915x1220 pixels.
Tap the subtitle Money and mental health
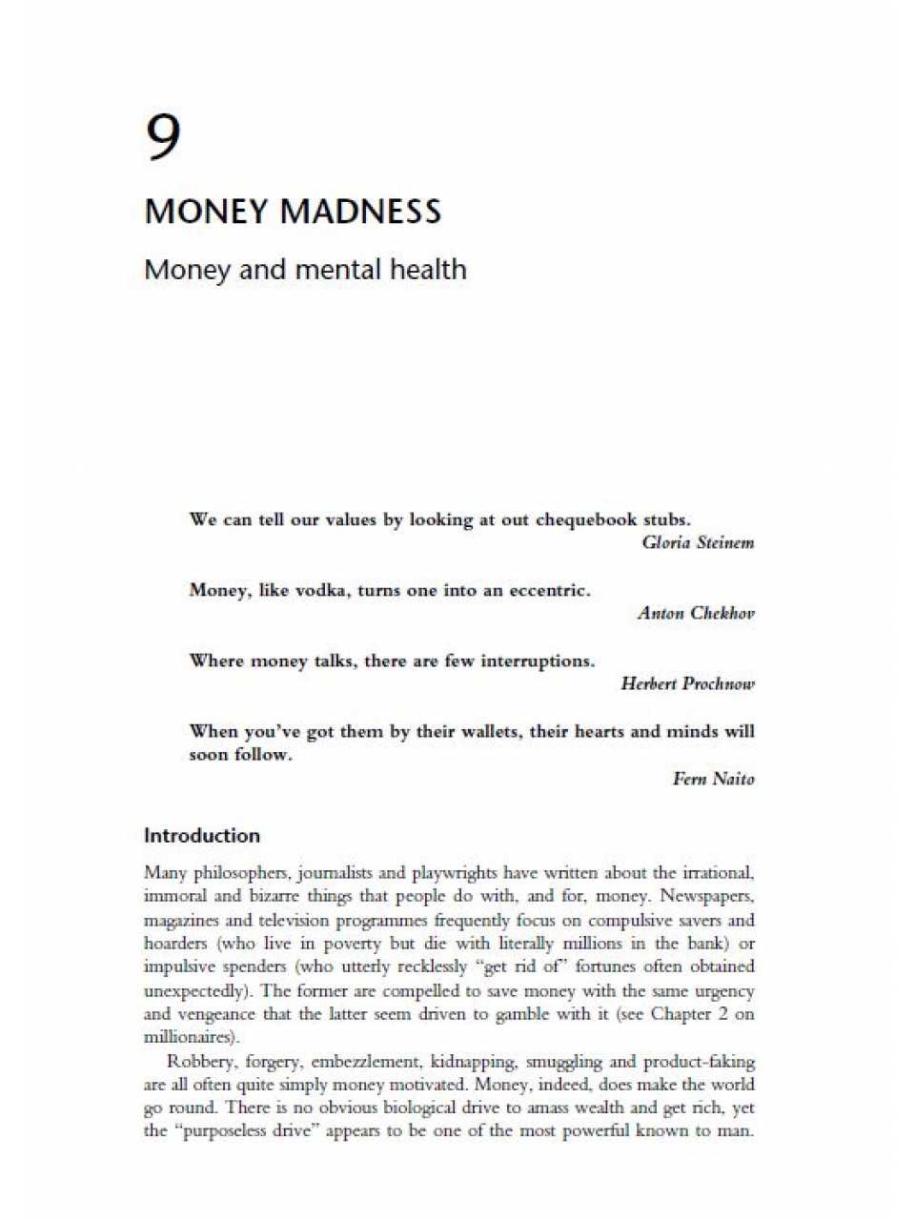point(305,270)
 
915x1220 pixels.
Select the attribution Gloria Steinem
point(698,543)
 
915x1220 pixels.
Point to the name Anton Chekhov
point(696,614)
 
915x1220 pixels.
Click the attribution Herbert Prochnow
point(687,684)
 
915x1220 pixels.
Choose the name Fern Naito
point(713,780)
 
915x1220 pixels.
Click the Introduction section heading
point(201,836)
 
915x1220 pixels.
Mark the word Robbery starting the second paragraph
point(198,1062)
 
